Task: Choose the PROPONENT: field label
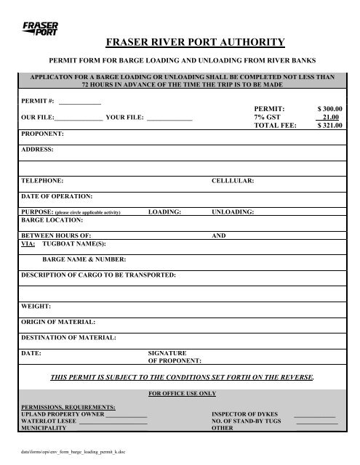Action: (x=42, y=134)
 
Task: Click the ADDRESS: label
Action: (x=38, y=150)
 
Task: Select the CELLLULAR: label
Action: (x=232, y=179)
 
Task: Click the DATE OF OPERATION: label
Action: (x=57, y=196)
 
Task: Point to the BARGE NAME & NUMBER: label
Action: (x=85, y=259)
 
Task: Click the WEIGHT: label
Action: (x=35, y=306)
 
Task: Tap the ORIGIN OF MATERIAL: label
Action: (x=58, y=321)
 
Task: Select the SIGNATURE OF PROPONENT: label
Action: (x=175, y=356)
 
